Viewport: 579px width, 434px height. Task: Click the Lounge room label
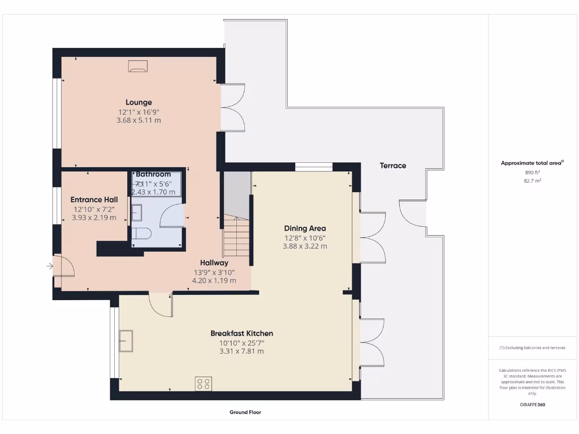[139, 102]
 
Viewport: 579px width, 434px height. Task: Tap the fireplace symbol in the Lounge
[138, 67]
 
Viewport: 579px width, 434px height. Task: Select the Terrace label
[393, 166]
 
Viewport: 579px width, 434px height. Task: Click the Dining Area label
[305, 228]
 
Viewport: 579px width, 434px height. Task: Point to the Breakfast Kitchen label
[241, 333]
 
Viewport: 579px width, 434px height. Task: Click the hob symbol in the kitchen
[204, 384]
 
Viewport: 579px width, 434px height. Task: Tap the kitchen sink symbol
[126, 339]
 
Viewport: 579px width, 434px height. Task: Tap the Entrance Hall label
[94, 199]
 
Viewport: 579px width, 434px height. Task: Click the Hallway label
[214, 263]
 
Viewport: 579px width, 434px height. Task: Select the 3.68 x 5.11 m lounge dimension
[139, 120]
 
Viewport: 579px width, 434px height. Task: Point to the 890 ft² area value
[532, 172]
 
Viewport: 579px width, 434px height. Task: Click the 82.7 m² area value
[532, 181]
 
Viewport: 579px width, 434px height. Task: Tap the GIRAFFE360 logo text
[532, 405]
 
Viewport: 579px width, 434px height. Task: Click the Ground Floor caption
[245, 413]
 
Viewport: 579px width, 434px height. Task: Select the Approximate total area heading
[532, 163]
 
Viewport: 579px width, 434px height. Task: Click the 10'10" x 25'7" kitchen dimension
[241, 342]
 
